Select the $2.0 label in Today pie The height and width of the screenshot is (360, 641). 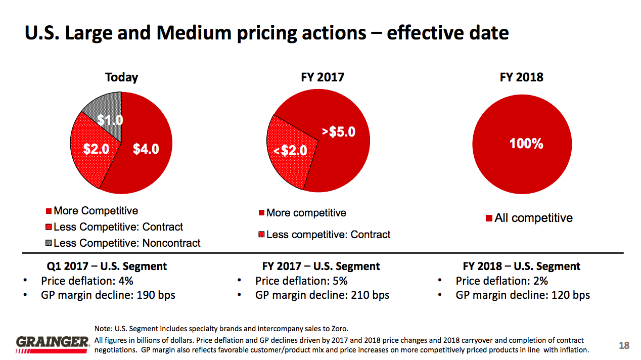click(96, 149)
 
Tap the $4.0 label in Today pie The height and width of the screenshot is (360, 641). click(146, 149)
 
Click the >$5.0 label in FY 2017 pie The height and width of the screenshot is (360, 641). click(339, 132)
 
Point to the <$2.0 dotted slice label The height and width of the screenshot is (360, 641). click(290, 150)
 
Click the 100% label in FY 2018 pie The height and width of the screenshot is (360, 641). click(526, 144)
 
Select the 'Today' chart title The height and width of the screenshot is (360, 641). click(121, 77)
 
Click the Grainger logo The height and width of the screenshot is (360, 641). click(53, 344)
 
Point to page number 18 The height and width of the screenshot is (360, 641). click(624, 345)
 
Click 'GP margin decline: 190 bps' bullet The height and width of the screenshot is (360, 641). click(108, 295)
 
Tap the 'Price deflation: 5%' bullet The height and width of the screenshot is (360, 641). click(301, 281)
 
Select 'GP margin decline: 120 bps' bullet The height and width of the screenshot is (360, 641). click(523, 295)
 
